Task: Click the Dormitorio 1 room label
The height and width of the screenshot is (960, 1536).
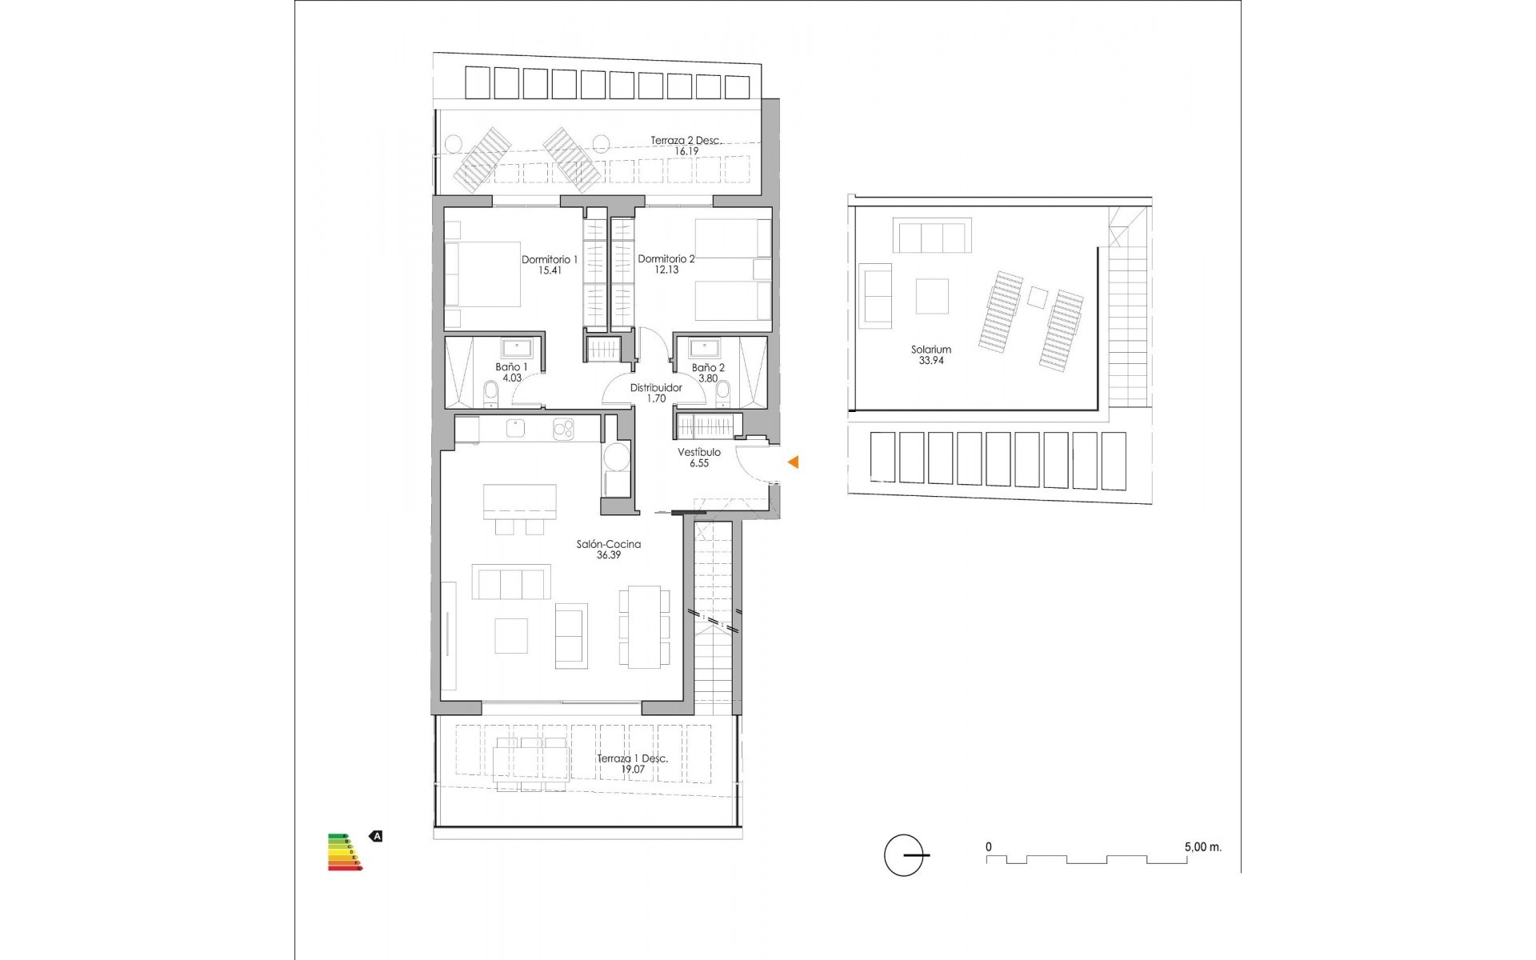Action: tap(550, 259)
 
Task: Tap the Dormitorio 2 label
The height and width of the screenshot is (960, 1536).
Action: tap(666, 258)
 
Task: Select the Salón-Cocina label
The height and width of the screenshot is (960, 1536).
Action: tap(609, 544)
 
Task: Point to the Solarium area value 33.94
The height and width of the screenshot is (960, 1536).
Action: tap(930, 361)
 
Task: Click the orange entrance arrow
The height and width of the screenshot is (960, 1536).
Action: tap(793, 462)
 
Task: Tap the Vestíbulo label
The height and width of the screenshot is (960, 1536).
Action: tap(698, 452)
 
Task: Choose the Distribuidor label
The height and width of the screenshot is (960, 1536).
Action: tap(656, 387)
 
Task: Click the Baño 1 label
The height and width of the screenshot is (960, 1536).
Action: tap(511, 367)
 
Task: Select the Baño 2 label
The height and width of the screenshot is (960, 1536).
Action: tap(708, 367)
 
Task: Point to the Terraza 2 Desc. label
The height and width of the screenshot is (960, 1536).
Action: tap(686, 140)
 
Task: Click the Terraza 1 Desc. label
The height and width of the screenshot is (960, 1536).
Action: tap(632, 758)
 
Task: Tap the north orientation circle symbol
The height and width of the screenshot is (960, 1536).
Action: tap(904, 854)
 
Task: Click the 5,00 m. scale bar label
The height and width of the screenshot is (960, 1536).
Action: tap(1202, 846)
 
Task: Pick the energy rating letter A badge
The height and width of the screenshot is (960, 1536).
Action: tap(376, 836)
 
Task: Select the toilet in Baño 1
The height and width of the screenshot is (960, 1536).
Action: tap(490, 393)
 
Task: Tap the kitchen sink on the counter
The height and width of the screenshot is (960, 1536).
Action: tap(515, 430)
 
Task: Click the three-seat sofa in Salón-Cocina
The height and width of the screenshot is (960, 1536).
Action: tap(511, 582)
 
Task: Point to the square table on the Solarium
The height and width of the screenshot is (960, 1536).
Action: tap(932, 295)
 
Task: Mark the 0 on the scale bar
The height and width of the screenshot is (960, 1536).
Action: tap(989, 846)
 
